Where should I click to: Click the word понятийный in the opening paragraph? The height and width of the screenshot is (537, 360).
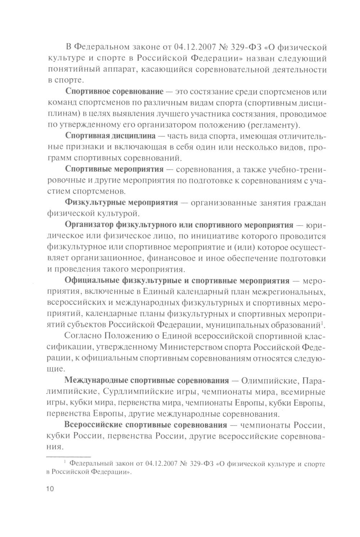tap(71, 70)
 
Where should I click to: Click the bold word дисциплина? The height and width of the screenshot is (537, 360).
tap(134, 137)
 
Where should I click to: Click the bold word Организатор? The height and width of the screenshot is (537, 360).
tap(89, 226)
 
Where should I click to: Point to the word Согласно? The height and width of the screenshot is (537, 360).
tap(82, 337)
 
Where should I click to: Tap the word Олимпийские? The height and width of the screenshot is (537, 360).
tap(270, 381)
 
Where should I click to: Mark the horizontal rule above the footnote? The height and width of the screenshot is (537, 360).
tap(68, 456)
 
